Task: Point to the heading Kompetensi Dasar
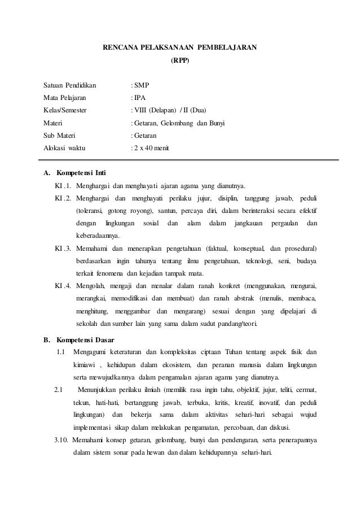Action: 85,341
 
